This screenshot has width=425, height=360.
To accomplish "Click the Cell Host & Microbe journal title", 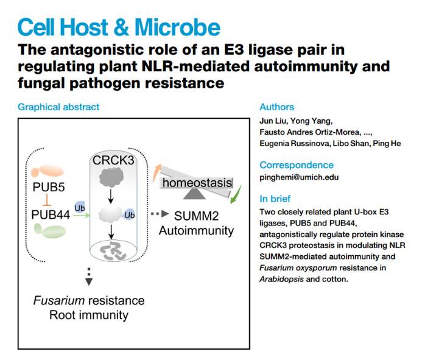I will pos(119,27).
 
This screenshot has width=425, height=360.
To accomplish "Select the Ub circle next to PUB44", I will pos(79,207).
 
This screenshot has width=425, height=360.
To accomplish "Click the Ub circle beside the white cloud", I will pos(129,214).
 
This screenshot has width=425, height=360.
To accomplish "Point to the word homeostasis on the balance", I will pos(197,182).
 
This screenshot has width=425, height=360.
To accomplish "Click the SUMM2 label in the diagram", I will pos(196,216).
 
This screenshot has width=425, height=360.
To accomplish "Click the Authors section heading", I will pos(276,107).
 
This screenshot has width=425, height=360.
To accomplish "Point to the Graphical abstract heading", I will pos(58,107).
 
